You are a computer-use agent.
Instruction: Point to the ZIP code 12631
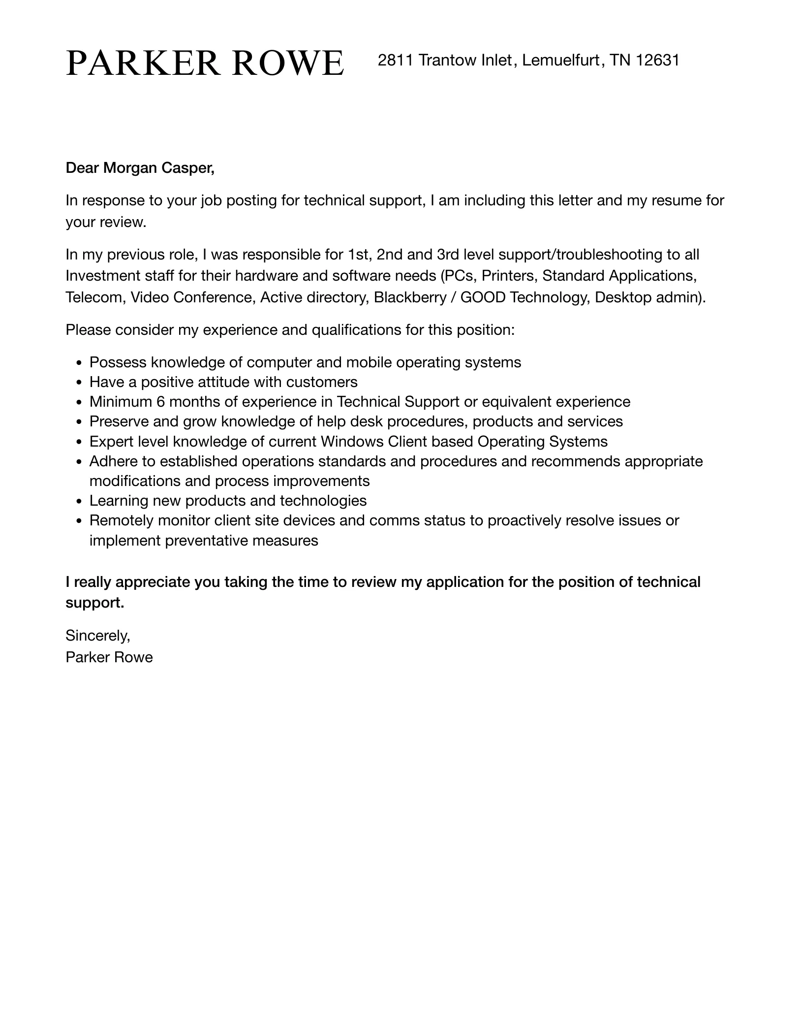[x=657, y=61]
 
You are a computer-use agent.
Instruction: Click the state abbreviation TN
[x=620, y=61]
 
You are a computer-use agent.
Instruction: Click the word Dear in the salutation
[x=82, y=168]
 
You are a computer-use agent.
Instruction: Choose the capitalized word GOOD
[x=483, y=298]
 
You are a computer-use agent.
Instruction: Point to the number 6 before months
[x=160, y=402]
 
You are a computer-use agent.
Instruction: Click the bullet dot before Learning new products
[x=80, y=502]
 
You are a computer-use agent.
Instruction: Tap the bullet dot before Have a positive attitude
[x=80, y=383]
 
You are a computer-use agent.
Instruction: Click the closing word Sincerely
[x=97, y=636]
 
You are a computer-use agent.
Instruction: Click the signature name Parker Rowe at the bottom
[x=109, y=658]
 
